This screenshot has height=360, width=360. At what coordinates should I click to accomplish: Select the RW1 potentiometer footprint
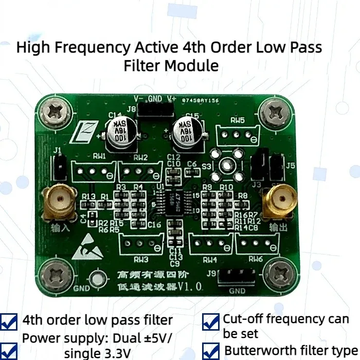(93, 171)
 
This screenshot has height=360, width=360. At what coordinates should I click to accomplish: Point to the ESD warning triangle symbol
(85, 249)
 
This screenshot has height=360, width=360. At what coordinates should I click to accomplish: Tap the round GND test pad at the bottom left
(96, 280)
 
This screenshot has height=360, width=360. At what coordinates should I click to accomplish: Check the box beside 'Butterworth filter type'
(210, 352)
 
